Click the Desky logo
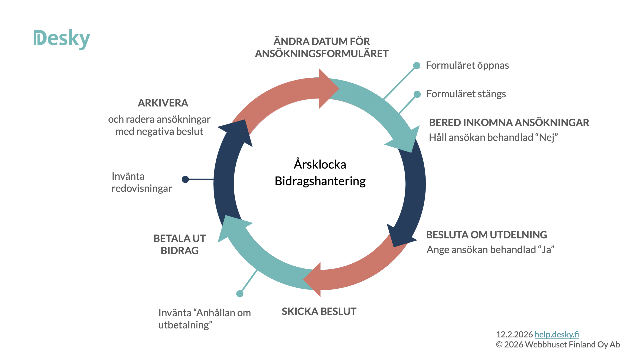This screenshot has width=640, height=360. (62, 39)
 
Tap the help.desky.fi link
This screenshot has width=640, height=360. (557, 334)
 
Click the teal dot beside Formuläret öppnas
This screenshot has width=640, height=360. (417, 66)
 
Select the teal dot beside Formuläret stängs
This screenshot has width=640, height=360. (417, 94)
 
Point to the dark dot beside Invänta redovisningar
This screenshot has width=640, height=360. (185, 179)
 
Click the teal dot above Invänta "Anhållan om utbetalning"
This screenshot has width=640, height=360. (240, 294)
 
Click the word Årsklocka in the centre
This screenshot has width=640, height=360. (320, 164)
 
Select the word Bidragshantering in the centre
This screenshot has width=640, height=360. (320, 181)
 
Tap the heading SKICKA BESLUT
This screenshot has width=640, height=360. (319, 311)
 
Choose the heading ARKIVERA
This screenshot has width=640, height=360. (163, 103)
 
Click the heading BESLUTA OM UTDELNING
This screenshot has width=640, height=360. (486, 235)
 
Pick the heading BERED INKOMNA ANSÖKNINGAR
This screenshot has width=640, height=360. (509, 122)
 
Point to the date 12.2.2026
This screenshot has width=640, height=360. (514, 334)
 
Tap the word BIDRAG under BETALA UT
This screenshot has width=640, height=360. (179, 251)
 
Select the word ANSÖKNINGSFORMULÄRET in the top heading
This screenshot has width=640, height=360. (322, 54)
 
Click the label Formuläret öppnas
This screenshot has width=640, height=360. (467, 65)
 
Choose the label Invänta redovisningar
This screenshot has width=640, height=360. (142, 182)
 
